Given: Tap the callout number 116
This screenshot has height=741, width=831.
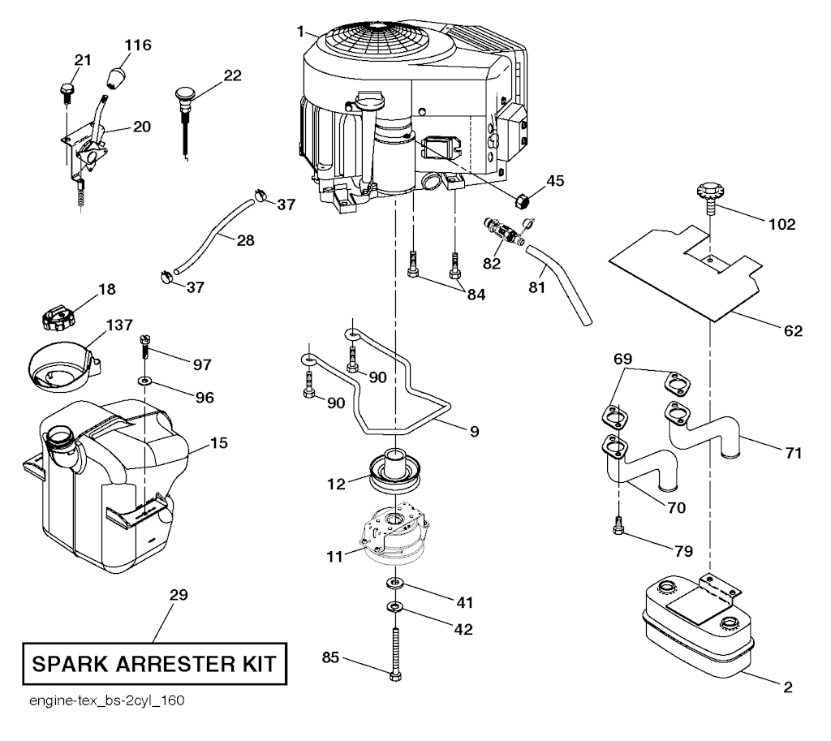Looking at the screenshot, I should [138, 45].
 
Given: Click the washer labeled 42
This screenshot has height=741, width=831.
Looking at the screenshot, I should [395, 606].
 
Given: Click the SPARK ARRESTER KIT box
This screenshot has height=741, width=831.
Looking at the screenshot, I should [154, 665].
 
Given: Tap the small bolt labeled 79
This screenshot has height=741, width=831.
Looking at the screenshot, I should [619, 528].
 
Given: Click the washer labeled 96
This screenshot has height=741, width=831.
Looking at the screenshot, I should [144, 380].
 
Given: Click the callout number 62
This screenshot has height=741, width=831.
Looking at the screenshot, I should [792, 330].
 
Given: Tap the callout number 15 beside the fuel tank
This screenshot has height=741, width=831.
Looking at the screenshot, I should [218, 443].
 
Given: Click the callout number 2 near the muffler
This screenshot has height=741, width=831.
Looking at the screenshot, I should [787, 687].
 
